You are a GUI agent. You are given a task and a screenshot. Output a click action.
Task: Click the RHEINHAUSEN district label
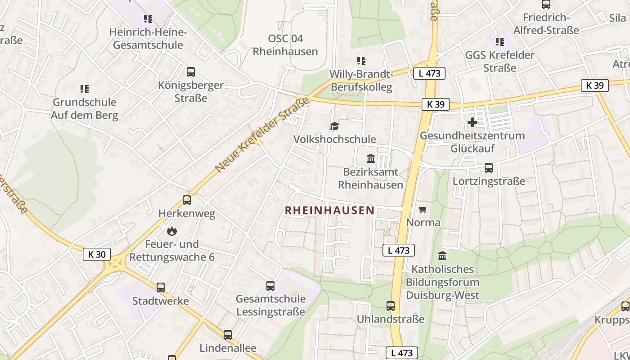(x=329, y=210)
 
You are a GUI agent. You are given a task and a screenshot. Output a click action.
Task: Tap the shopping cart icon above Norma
(x=423, y=209)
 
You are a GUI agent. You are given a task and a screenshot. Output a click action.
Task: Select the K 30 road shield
(x=97, y=254)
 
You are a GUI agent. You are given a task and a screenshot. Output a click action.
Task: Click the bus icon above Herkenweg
(x=187, y=200)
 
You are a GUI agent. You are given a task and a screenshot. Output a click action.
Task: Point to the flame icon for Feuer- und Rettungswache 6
(x=171, y=231)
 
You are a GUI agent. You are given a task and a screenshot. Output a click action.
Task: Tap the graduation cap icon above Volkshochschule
(x=334, y=126)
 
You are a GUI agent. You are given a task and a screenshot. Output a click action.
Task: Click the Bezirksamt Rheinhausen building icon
(x=371, y=158)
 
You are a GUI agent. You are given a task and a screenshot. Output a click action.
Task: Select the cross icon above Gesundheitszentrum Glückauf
(x=472, y=122)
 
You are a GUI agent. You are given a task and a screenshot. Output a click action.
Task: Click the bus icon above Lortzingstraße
(x=488, y=168)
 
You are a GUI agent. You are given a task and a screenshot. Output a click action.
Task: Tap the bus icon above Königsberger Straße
(x=191, y=72)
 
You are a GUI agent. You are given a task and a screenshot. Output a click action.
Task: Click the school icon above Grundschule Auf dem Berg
(x=85, y=89)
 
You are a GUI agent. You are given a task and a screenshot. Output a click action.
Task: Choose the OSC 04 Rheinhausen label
(x=285, y=45)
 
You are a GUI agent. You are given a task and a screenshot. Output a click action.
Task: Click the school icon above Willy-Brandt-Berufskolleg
(x=361, y=60)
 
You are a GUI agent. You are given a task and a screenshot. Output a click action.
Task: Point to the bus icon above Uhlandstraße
(x=391, y=306)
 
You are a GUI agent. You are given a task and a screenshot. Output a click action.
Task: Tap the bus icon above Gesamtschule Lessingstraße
(x=270, y=285)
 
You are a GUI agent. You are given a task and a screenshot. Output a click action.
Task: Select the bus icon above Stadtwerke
(x=161, y=287)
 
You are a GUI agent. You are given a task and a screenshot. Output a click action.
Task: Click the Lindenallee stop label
(x=228, y=348)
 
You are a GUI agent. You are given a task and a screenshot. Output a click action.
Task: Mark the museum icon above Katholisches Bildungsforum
(x=442, y=256)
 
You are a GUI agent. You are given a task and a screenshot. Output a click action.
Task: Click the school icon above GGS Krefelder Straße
(x=500, y=42)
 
